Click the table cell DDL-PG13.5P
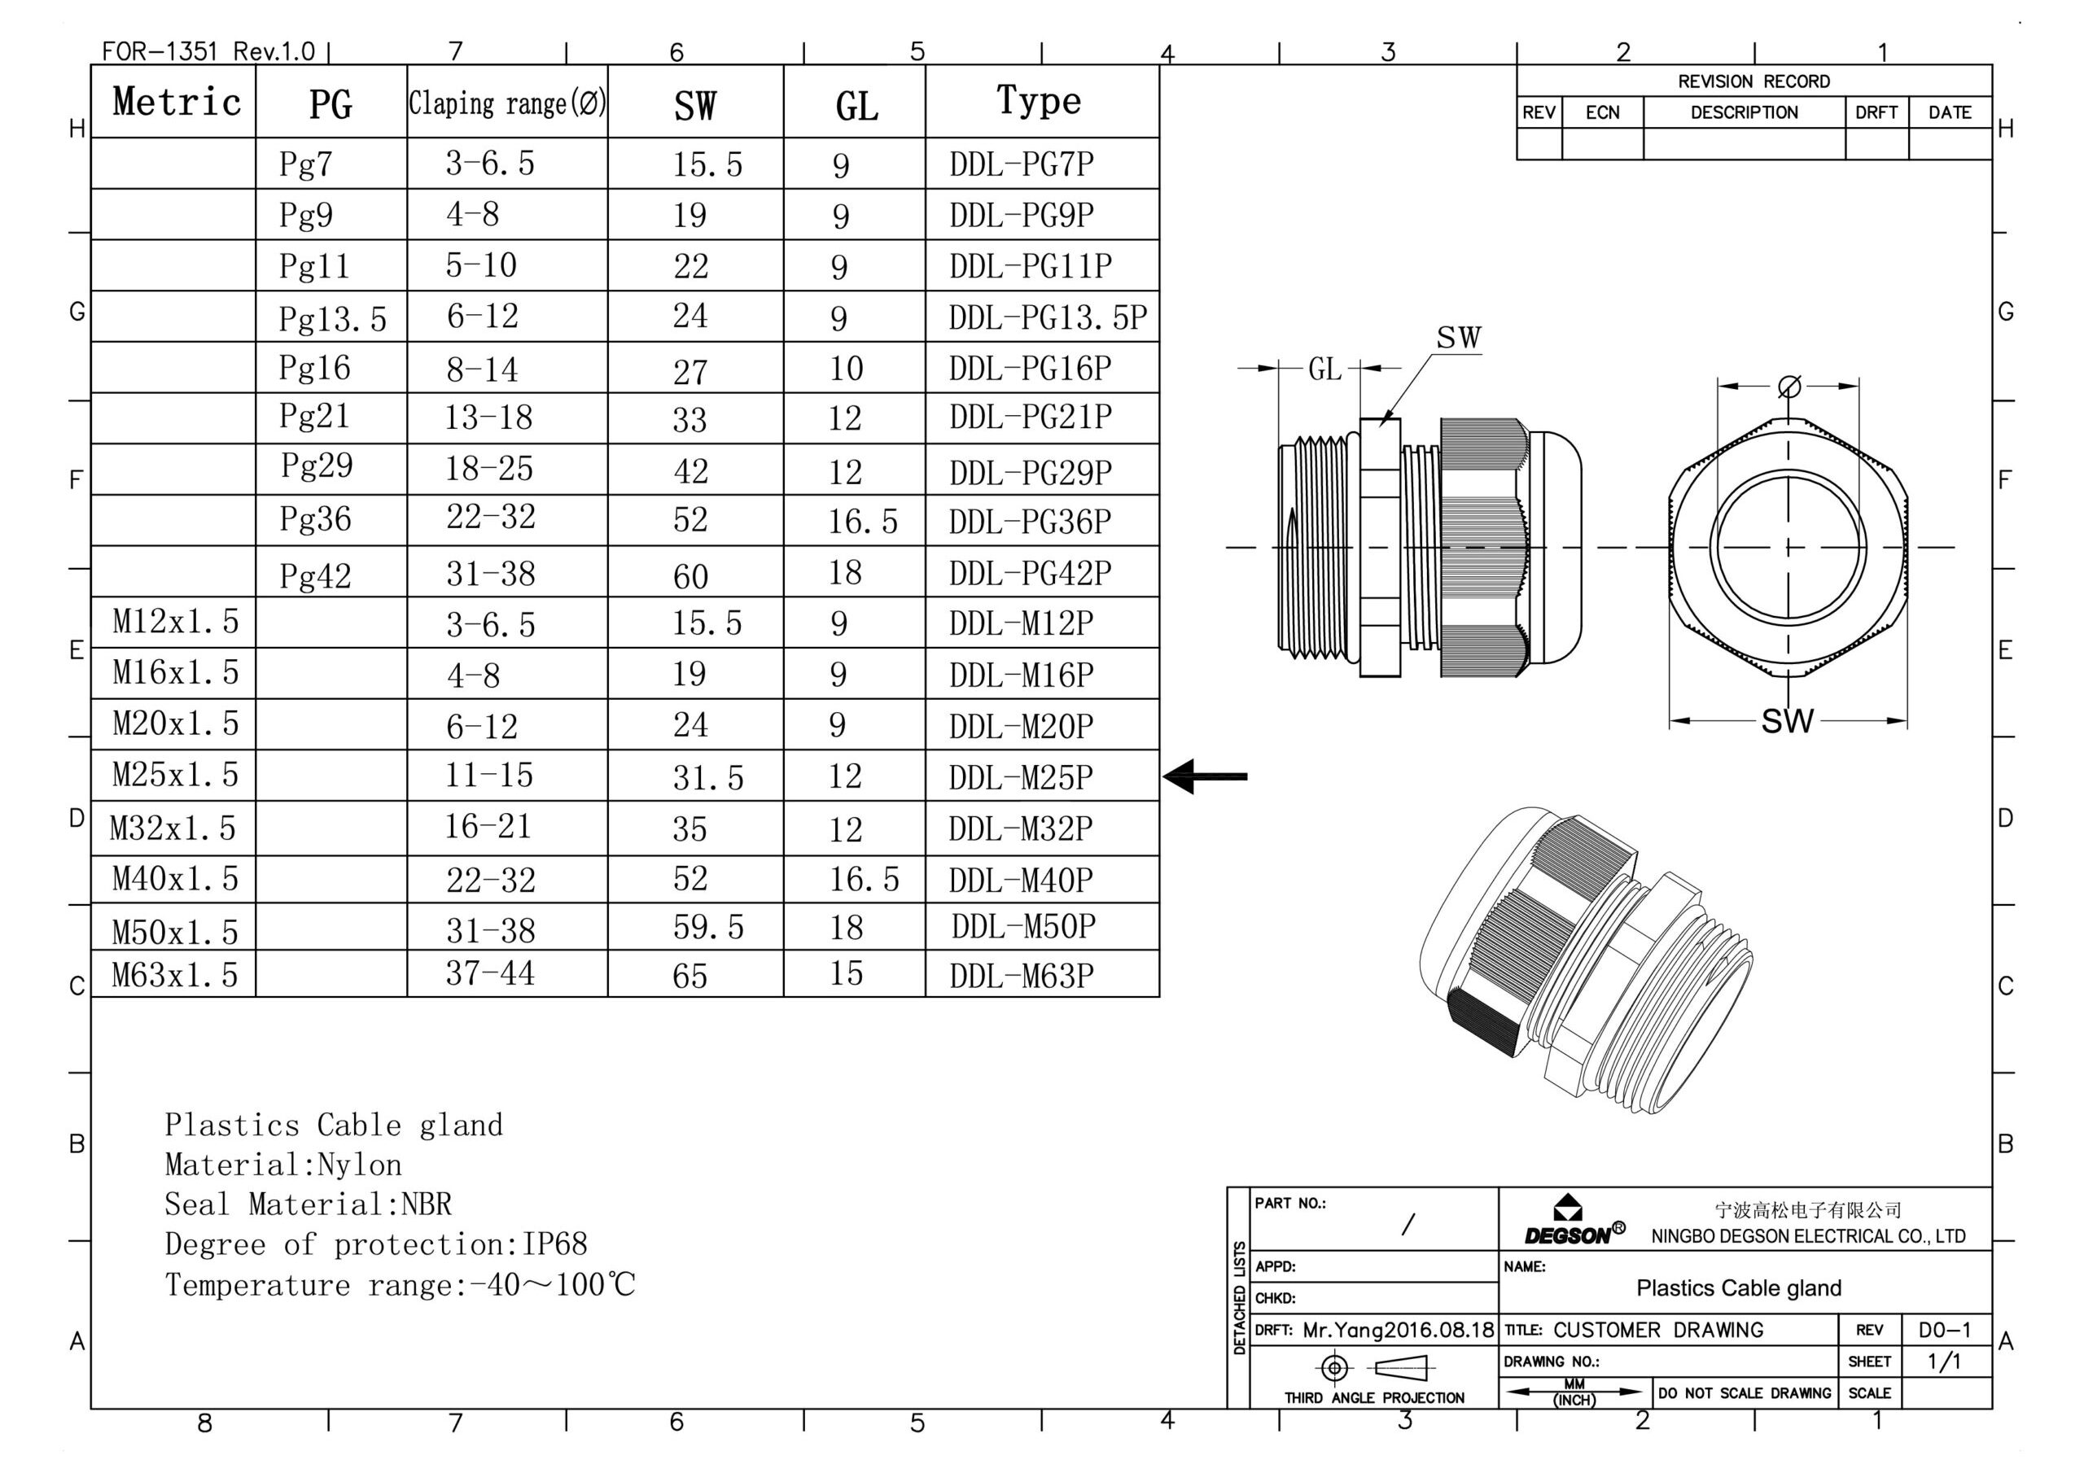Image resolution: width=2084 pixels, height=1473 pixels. pyautogui.click(x=1048, y=317)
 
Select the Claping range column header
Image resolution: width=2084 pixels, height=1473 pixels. pyautogui.click(x=506, y=103)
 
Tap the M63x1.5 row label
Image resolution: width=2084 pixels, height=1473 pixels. pyautogui.click(x=174, y=975)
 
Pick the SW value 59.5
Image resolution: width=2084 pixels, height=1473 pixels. pyautogui.click(x=707, y=927)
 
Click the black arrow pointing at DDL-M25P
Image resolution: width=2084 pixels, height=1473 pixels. pyautogui.click(x=1205, y=776)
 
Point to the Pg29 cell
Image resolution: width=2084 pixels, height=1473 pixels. pyautogui.click(x=316, y=466)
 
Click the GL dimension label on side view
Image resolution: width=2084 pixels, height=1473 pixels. pyautogui.click(x=1324, y=369)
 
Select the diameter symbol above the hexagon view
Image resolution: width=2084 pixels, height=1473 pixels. pyautogui.click(x=1789, y=387)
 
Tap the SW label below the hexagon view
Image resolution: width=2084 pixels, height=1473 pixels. pyautogui.click(x=1786, y=722)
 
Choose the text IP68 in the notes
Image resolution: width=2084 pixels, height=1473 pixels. pyautogui.click(x=554, y=1244)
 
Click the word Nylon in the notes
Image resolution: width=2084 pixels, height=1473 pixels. pyautogui.click(x=360, y=1165)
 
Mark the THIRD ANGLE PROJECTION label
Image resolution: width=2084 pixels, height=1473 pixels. pyautogui.click(x=1373, y=1397)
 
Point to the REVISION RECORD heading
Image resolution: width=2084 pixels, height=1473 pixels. pyautogui.click(x=1753, y=81)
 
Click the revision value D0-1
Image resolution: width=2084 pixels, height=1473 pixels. pyautogui.click(x=1944, y=1331)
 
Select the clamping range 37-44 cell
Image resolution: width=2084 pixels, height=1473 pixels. pyautogui.click(x=489, y=973)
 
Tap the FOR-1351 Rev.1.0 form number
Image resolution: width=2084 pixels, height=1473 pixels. pyautogui.click(x=208, y=50)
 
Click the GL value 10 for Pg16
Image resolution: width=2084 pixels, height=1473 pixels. pyautogui.click(x=845, y=369)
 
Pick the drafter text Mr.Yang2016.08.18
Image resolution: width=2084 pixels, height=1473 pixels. pyautogui.click(x=1397, y=1331)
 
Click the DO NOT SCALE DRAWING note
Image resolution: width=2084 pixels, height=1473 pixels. pyautogui.click(x=1744, y=1393)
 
